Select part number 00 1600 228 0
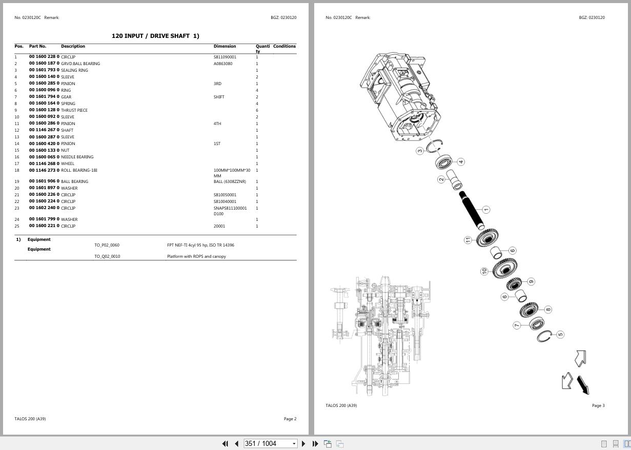44,57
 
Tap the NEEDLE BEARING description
77,157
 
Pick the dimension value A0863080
223,64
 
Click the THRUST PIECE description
74,110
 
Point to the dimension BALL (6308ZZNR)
230,181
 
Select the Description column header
73,46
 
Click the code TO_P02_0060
107,245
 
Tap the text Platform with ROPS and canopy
196,256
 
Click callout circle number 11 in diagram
467,240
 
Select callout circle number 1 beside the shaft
486,209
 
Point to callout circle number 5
560,334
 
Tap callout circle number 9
531,281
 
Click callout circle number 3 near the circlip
420,151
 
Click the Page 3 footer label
598,405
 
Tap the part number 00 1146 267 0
44,130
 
